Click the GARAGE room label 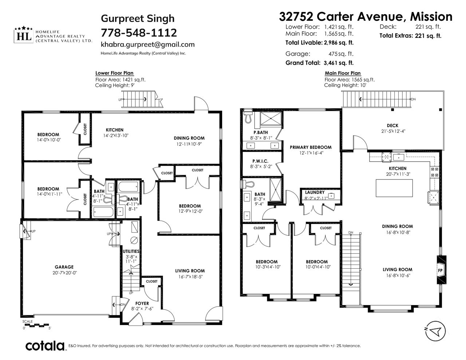pos(64,267)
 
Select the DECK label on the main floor pos(392,126)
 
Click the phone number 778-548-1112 pos(139,33)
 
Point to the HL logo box pos(24,36)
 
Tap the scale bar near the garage pos(36,325)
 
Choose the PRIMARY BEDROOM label pos(311,147)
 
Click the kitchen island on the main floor pos(394,188)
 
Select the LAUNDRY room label pos(315,192)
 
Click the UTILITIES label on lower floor pos(131,251)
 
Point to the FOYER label pos(142,303)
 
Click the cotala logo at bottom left pos(45,346)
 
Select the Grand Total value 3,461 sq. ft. pos(339,63)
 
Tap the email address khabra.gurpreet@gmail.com pos(148,44)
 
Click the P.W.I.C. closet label pos(260,161)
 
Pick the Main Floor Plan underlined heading pos(343,73)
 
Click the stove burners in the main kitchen pos(434,172)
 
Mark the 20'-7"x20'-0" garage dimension pos(64,273)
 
